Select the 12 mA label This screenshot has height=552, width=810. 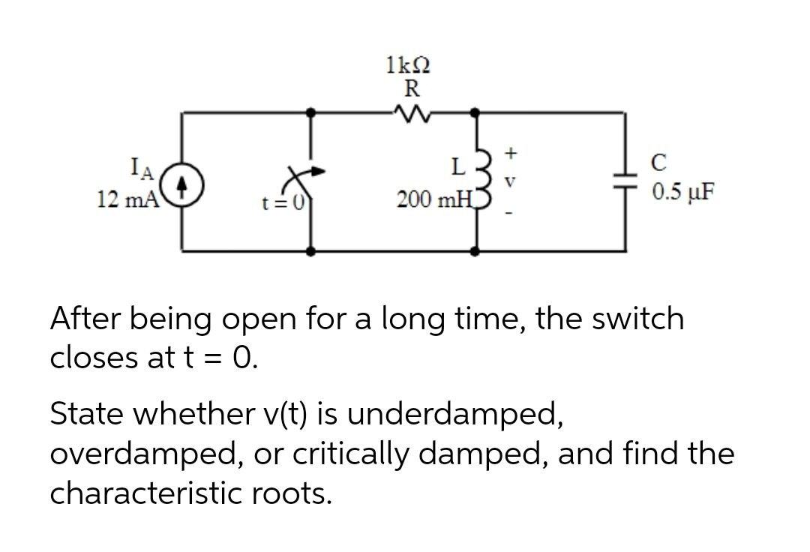(127, 200)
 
